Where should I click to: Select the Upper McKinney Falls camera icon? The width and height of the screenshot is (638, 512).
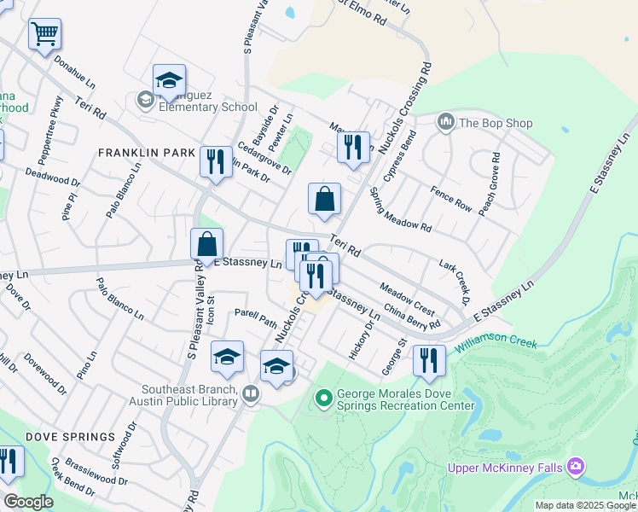pos(576,466)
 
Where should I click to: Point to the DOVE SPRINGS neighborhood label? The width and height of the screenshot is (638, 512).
pos(70,437)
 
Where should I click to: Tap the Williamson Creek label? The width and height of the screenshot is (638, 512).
pos(495,340)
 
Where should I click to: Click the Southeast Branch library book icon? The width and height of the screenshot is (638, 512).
pos(250,393)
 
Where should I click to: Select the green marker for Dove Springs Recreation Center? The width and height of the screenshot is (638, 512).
pos(323,398)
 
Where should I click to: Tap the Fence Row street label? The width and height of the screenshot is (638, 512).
pos(451,199)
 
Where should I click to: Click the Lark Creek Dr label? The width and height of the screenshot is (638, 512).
pos(455,282)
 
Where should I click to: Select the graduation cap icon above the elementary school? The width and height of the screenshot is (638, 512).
pos(169,80)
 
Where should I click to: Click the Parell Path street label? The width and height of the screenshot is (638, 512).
pos(256,318)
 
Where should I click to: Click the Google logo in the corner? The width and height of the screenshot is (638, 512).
pos(29,502)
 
